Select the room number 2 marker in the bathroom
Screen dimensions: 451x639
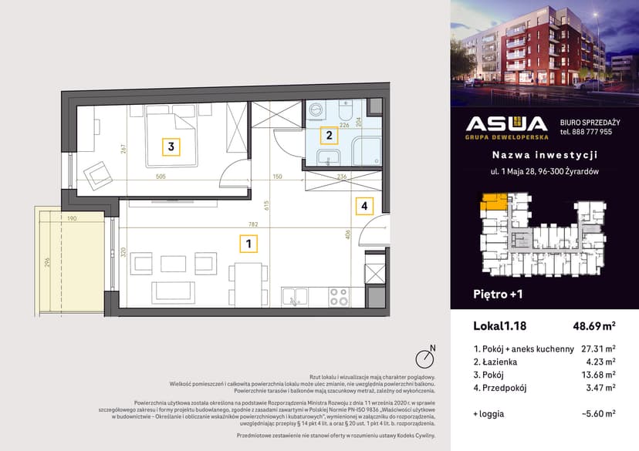coord(330,136)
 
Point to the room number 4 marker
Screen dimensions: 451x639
coord(364,206)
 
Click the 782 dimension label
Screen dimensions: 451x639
coord(253,225)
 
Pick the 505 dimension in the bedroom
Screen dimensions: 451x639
coord(161,176)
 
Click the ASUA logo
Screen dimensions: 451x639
coord(507,126)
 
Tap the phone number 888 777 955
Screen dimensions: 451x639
coord(586,132)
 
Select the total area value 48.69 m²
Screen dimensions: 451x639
coord(593,327)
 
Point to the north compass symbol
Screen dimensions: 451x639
coord(423,358)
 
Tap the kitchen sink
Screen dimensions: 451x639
coord(296,295)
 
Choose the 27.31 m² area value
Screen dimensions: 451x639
coord(597,348)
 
